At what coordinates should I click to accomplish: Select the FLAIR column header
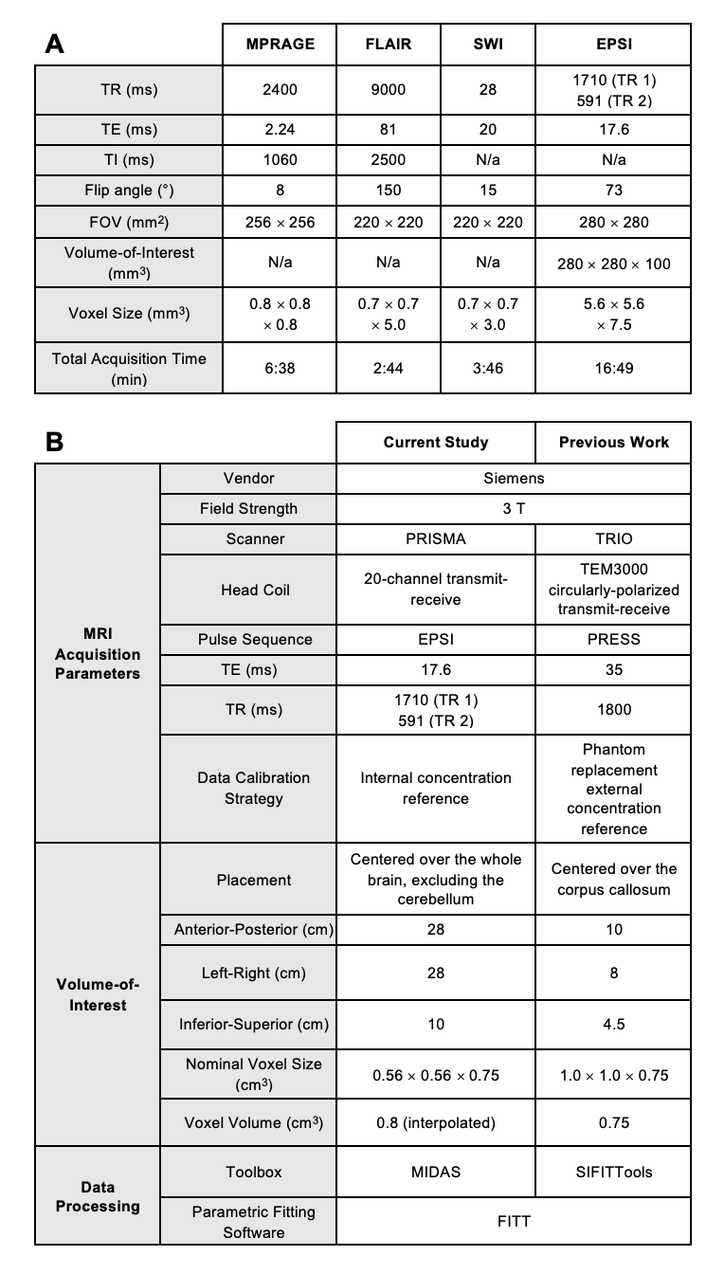[x=388, y=44]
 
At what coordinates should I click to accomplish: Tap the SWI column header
[x=488, y=44]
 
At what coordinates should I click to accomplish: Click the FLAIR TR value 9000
[x=388, y=90]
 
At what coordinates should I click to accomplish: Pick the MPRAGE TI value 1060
[x=280, y=160]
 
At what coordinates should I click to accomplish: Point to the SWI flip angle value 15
[x=488, y=191]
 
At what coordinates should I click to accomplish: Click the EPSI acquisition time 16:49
[x=613, y=368]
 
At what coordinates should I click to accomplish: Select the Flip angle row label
[x=129, y=191]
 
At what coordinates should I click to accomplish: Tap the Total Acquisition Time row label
[x=129, y=368]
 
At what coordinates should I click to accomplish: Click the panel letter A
[x=55, y=45]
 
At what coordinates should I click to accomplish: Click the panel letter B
[x=55, y=443]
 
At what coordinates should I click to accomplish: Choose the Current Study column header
[x=436, y=442]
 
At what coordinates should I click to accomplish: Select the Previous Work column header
[x=613, y=442]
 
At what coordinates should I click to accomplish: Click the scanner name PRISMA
[x=436, y=538]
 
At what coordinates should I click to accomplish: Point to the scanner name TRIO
[x=613, y=538]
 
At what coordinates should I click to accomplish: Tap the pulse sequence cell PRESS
[x=613, y=639]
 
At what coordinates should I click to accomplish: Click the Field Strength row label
[x=248, y=508]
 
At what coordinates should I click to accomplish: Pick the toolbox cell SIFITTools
[x=613, y=1172]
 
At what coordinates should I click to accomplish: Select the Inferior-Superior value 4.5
[x=613, y=1024]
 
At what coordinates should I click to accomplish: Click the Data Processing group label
[x=98, y=1196]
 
